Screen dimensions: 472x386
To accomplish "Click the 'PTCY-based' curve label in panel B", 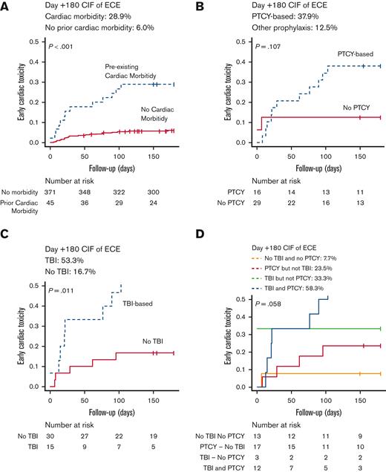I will [344, 54].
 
